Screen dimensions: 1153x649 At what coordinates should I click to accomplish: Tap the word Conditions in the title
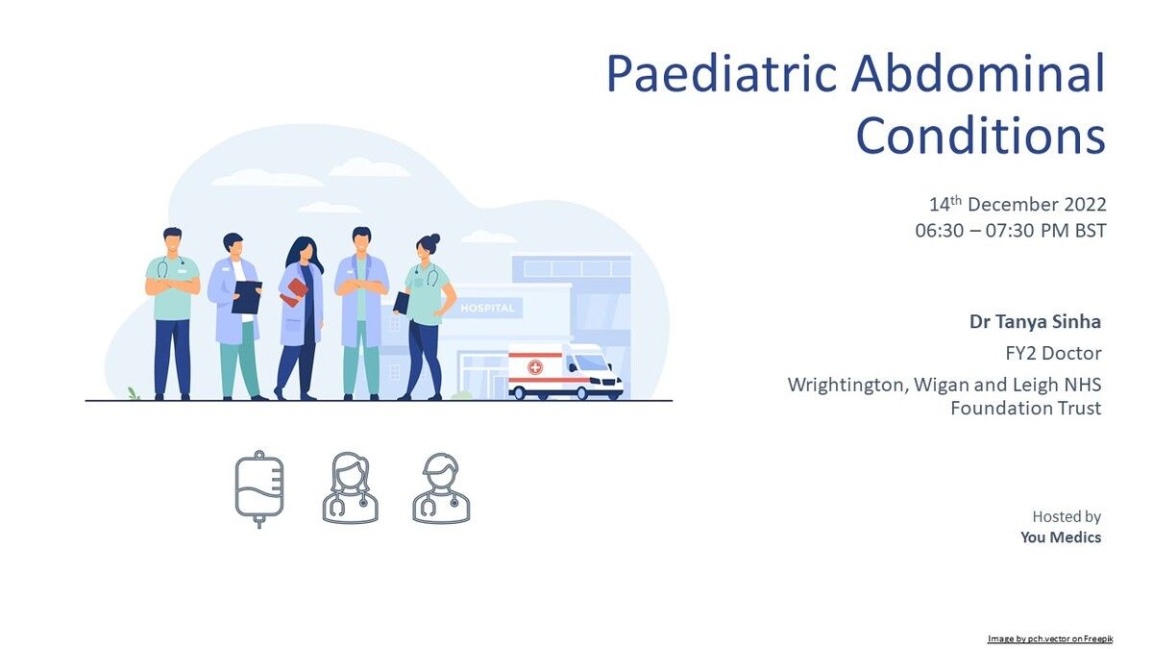(981, 135)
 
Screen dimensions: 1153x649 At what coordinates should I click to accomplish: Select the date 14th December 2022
(1018, 205)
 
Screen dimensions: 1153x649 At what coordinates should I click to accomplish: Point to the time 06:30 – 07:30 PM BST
(1011, 230)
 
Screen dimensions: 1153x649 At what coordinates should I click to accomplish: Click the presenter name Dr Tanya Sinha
(1035, 321)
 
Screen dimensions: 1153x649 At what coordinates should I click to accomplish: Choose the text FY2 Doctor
(1053, 353)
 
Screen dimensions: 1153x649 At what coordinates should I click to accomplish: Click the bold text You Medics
(1061, 537)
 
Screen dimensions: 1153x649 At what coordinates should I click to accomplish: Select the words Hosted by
(1067, 516)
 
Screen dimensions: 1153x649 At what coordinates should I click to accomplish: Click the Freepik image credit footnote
(1050, 638)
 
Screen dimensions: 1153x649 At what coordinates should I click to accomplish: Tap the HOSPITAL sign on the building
(487, 308)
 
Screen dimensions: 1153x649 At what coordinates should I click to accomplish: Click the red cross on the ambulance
(535, 367)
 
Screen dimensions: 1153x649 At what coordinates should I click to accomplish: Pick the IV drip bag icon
(259, 489)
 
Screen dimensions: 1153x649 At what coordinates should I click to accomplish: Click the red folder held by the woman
(294, 292)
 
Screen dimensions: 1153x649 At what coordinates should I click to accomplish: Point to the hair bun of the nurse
(434, 238)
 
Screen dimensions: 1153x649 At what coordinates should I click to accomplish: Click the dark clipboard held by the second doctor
(247, 297)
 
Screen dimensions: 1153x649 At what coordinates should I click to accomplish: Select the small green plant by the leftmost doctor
(134, 393)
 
